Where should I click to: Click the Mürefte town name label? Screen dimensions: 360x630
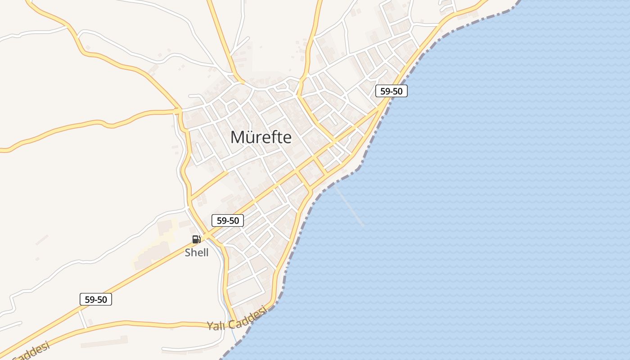point(261,137)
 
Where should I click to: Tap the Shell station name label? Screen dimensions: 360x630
point(197,252)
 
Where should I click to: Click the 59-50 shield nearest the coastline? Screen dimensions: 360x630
point(391,91)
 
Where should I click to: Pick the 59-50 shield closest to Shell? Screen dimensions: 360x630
point(228,220)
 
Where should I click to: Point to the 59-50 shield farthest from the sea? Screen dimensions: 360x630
point(95,299)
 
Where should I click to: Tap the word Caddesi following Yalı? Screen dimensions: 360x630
point(247,318)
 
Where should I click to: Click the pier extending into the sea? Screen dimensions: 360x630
point(350,207)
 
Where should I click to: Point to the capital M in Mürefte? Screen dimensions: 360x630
point(238,137)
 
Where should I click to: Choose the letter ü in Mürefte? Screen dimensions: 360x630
point(251,138)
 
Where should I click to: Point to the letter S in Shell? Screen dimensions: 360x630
point(188,252)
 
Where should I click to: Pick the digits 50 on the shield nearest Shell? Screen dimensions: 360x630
point(234,220)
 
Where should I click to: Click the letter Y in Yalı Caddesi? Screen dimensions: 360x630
point(210,326)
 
